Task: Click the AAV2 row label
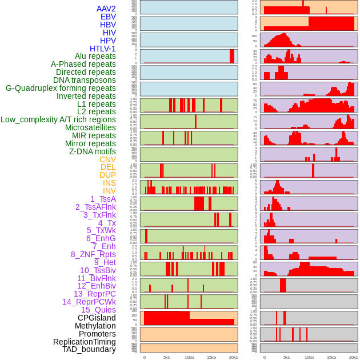point(106,9)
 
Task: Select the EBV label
point(108,17)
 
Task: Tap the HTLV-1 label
point(103,49)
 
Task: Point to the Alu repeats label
point(95,56)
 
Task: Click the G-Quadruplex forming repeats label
point(61,88)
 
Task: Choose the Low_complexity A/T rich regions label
point(58,119)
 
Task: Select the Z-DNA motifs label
point(93,151)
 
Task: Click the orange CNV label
point(107,159)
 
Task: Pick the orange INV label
point(109,191)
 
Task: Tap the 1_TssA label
point(103,199)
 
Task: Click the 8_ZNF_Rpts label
point(93,254)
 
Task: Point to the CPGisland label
point(97,318)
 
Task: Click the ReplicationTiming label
point(85,342)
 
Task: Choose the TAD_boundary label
point(89,349)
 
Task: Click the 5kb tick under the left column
point(167,357)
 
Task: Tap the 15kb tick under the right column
point(331,357)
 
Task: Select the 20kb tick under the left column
point(234,357)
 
